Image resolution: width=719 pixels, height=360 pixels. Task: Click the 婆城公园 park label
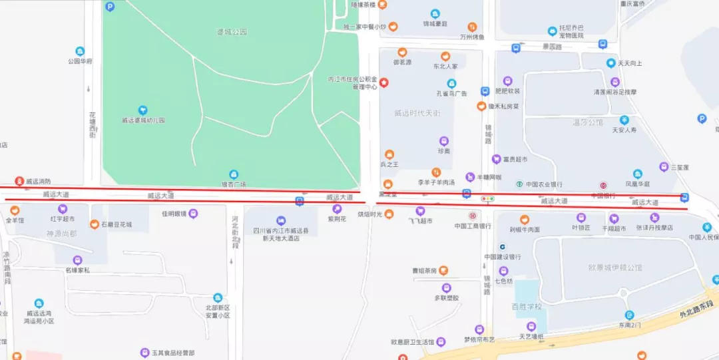tap(232, 31)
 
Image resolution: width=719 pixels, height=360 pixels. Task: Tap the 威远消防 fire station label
tap(37, 181)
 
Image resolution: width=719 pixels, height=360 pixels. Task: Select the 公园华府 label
tap(80, 61)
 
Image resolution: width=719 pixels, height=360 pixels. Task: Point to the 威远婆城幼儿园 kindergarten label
tap(142, 120)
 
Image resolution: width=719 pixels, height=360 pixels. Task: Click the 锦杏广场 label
tap(234, 184)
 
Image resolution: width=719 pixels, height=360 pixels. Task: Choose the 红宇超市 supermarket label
tap(63, 218)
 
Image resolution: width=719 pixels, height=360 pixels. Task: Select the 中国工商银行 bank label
tap(473, 226)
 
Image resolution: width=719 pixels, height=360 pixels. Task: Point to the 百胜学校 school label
tap(527, 307)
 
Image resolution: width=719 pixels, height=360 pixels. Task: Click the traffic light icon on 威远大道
tap(489, 198)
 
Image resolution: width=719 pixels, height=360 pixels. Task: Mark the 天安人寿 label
tap(624, 130)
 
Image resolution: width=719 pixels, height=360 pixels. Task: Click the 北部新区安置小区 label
tap(218, 311)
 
